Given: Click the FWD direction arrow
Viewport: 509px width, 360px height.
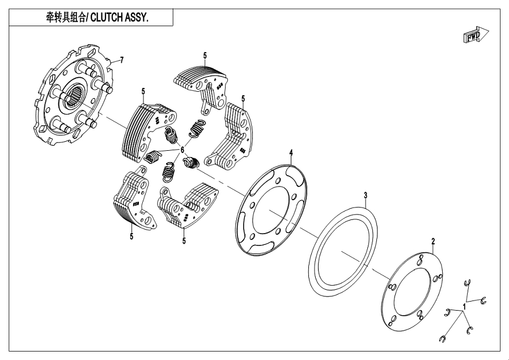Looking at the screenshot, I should coord(475,36).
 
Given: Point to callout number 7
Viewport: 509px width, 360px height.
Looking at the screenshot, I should coord(121,60).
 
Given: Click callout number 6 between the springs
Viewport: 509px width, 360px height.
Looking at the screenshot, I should coord(183,150).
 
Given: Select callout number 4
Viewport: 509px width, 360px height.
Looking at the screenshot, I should coord(291,153).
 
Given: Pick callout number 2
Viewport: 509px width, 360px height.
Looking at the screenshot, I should coord(434,242).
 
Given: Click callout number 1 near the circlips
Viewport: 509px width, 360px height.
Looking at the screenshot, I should coord(465,306).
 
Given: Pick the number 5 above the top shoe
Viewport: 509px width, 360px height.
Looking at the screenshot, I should coord(205,55).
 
